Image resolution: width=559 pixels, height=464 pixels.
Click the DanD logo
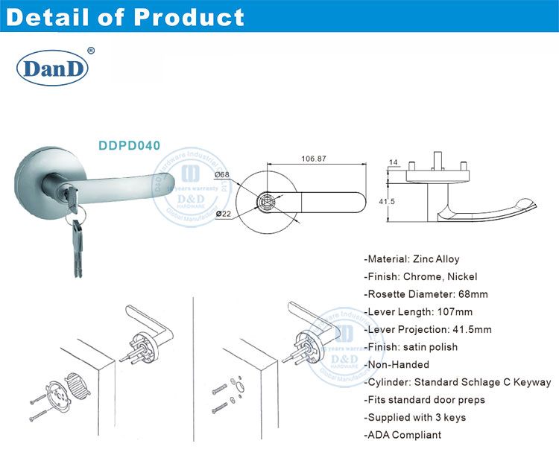53,69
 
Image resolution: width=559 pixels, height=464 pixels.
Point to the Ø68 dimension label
221,175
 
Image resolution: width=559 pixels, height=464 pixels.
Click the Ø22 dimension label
221,214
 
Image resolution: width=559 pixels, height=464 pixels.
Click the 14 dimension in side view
394,160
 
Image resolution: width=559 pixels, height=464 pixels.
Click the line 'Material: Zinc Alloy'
411,259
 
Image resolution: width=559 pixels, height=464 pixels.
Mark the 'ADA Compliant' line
402,435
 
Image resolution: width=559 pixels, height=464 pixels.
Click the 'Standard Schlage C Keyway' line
458,382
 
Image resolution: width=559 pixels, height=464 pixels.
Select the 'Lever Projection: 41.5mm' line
428,329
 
